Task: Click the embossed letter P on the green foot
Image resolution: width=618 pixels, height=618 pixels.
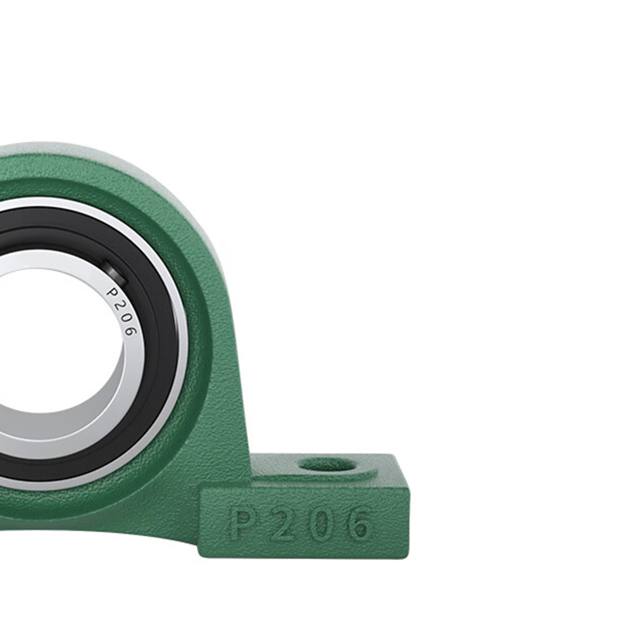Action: (242, 525)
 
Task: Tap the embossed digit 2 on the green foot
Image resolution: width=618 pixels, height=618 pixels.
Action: (283, 525)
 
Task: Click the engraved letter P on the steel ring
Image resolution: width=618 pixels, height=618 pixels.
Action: (113, 293)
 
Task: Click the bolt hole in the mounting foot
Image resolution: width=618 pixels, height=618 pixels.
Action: (328, 464)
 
